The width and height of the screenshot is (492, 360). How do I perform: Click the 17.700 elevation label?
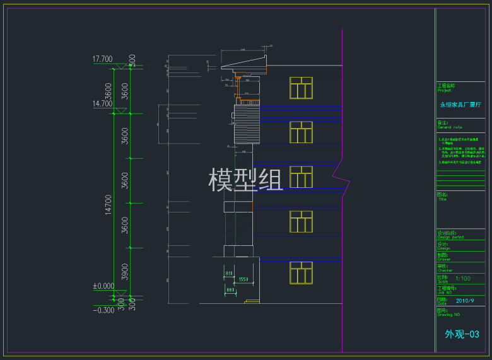102,59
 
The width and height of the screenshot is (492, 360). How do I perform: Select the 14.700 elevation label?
102,103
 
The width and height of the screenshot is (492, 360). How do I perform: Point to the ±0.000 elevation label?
103,286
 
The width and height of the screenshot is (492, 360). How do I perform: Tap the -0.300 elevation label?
103,310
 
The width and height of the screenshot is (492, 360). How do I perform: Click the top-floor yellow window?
301,88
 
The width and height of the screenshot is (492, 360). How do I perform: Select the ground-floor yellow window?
301,272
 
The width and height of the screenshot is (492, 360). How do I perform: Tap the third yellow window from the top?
301,177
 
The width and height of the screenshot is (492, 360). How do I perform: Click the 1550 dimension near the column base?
243,279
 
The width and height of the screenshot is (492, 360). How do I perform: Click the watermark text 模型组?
246,180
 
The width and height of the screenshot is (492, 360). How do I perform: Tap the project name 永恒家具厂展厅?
460,105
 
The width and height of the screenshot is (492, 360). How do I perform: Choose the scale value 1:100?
462,278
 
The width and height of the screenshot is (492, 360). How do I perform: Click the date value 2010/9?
464,301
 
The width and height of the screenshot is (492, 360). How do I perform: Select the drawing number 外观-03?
462,334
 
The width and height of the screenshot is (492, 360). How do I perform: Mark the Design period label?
450,238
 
